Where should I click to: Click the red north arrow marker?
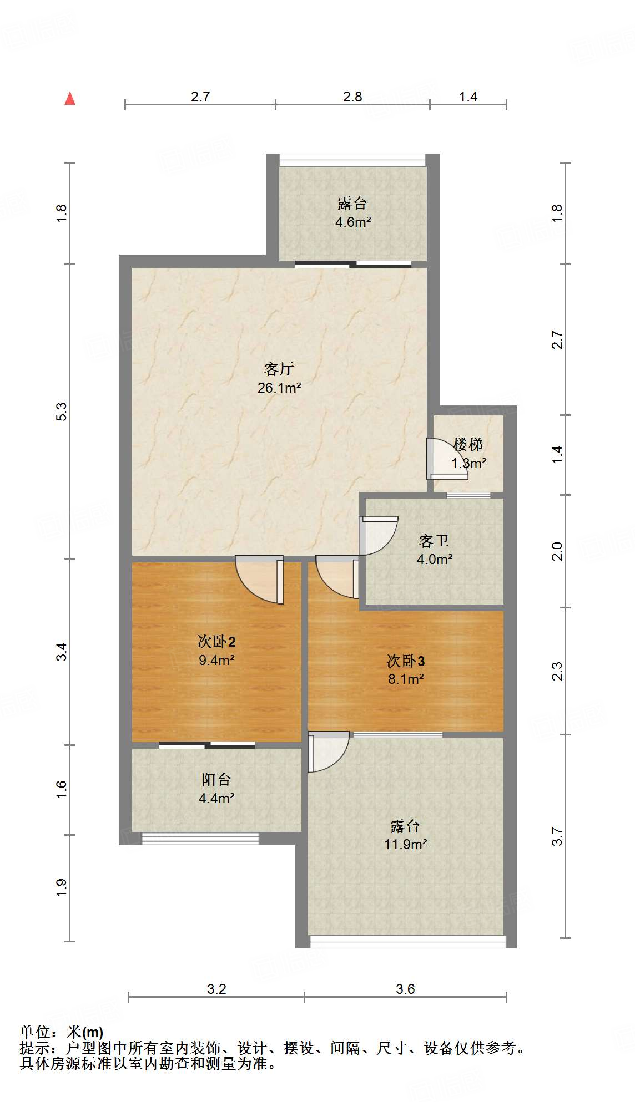pyautogui.click(x=70, y=99)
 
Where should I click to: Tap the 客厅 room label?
pyautogui.click(x=279, y=369)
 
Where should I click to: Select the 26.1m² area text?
pyautogui.click(x=279, y=388)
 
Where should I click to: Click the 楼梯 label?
pyautogui.click(x=468, y=444)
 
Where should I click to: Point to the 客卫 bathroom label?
pyautogui.click(x=434, y=540)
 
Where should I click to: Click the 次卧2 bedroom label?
pyautogui.click(x=216, y=642)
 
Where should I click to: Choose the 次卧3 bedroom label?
pyautogui.click(x=406, y=661)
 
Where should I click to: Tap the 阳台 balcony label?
pyautogui.click(x=216, y=780)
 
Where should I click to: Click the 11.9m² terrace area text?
pyautogui.click(x=406, y=844)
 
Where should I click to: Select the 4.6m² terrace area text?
pyautogui.click(x=353, y=222)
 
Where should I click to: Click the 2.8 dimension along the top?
pyautogui.click(x=352, y=97)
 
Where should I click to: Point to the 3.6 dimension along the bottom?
pyautogui.click(x=405, y=989)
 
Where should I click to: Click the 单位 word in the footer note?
pyautogui.click(x=35, y=1032)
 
